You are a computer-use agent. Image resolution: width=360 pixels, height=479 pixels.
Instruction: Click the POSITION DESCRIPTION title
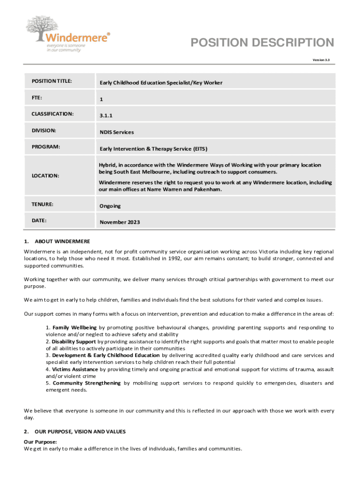[262, 43]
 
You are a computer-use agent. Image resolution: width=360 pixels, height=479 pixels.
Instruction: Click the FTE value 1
[101, 99]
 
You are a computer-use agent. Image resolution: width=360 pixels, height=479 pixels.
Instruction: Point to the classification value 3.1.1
[106, 116]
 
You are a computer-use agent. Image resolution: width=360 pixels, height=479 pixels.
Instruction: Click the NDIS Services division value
[116, 132]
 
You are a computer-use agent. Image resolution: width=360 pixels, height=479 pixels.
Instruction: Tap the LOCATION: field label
[45, 175]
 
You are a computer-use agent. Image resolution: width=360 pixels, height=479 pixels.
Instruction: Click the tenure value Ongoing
[110, 206]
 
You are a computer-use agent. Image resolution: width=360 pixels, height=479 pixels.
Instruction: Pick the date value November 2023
[120, 222]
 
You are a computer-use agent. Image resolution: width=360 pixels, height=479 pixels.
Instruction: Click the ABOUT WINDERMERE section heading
[62, 241]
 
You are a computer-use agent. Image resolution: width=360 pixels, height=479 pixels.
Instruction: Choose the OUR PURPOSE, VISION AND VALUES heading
[80, 431]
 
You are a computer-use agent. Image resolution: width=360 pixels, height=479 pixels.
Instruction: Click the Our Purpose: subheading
[40, 442]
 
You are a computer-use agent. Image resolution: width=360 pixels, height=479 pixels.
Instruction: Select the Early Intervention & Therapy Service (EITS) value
[153, 149]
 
